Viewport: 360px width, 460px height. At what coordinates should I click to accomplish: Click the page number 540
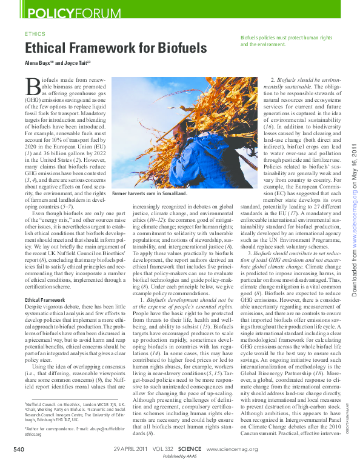19,449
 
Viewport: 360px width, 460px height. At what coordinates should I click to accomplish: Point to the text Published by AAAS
179,456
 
